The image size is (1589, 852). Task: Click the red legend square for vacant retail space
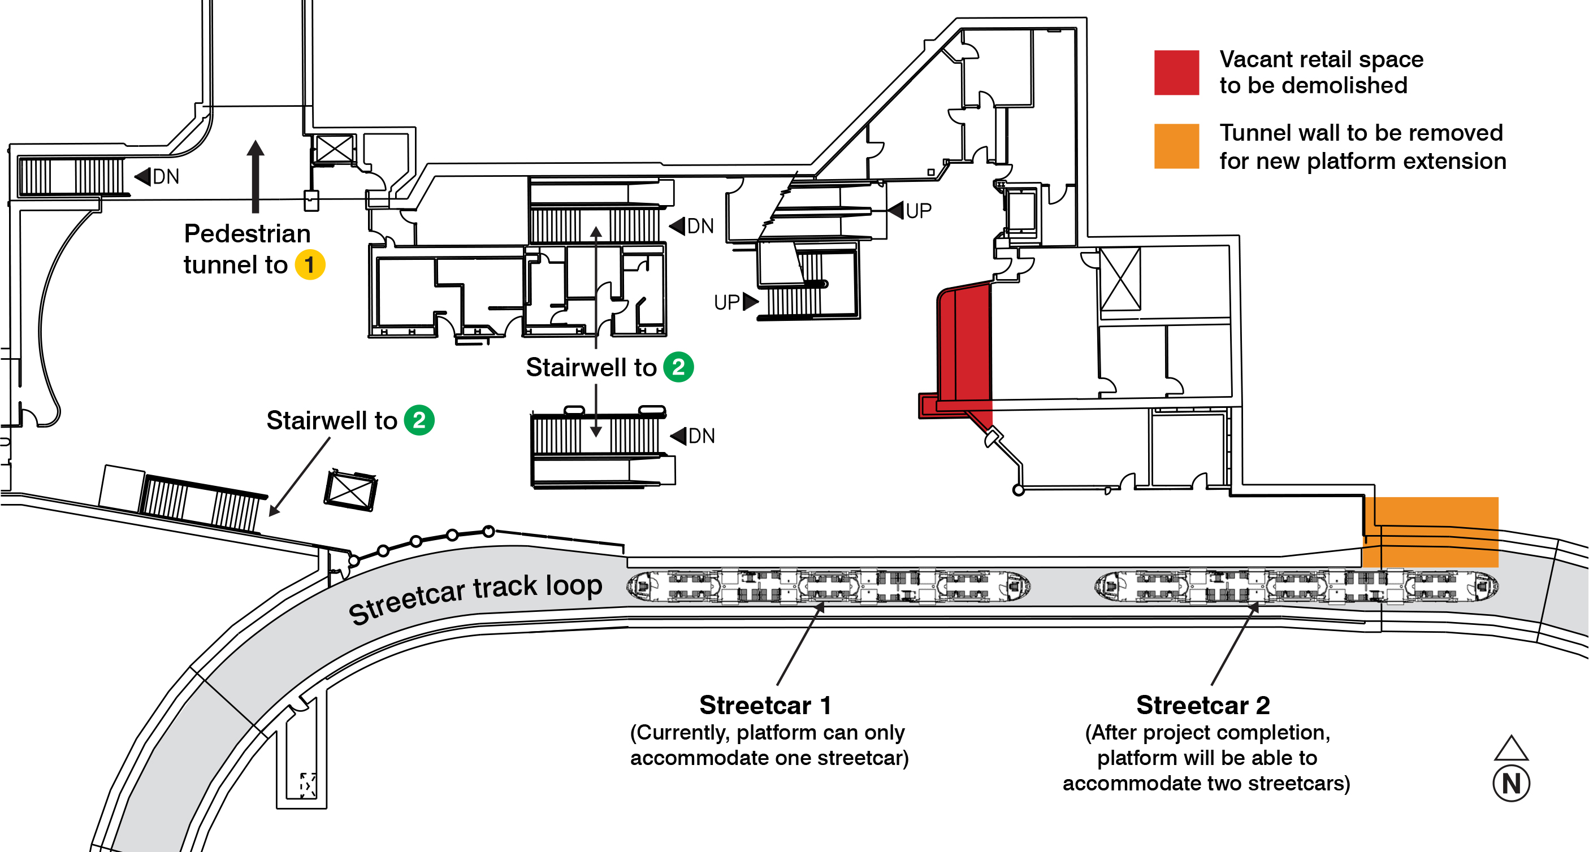[x=1176, y=73]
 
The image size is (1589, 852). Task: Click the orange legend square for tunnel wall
[x=1176, y=146]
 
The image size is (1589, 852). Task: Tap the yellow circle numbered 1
[x=310, y=265]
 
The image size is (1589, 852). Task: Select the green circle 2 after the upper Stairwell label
[x=678, y=367]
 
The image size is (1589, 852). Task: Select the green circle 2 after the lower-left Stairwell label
[x=419, y=420]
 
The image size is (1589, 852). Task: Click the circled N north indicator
[x=1510, y=784]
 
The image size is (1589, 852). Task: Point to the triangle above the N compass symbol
[x=1510, y=749]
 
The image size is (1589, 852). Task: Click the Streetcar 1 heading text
[x=765, y=705]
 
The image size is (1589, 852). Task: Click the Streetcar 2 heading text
[x=1203, y=705]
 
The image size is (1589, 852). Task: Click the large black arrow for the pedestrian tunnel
[x=256, y=176]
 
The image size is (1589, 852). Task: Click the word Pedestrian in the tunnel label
[x=246, y=234]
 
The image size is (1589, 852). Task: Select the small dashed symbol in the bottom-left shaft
[x=307, y=785]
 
